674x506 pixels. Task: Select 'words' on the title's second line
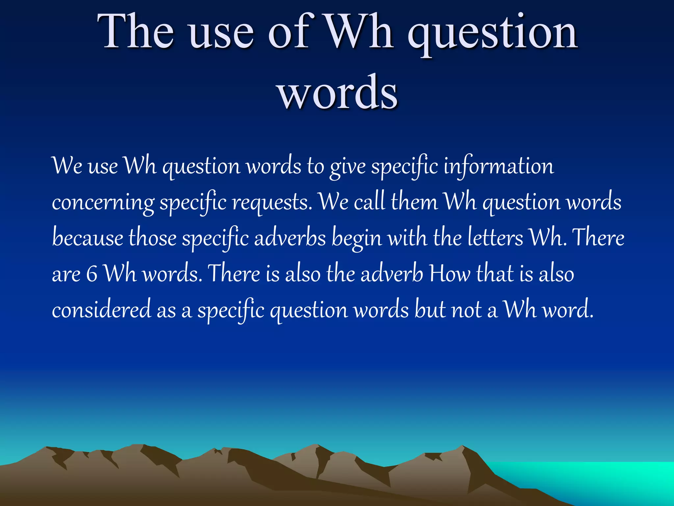338,92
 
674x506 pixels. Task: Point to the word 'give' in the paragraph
348,167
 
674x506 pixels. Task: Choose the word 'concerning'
103,203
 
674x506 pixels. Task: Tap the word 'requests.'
272,203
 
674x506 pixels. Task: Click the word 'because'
88,238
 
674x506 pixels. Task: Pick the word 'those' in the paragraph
152,238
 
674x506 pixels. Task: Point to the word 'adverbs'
290,238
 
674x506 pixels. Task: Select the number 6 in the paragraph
91,274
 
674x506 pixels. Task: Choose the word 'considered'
101,309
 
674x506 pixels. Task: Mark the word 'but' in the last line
430,309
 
